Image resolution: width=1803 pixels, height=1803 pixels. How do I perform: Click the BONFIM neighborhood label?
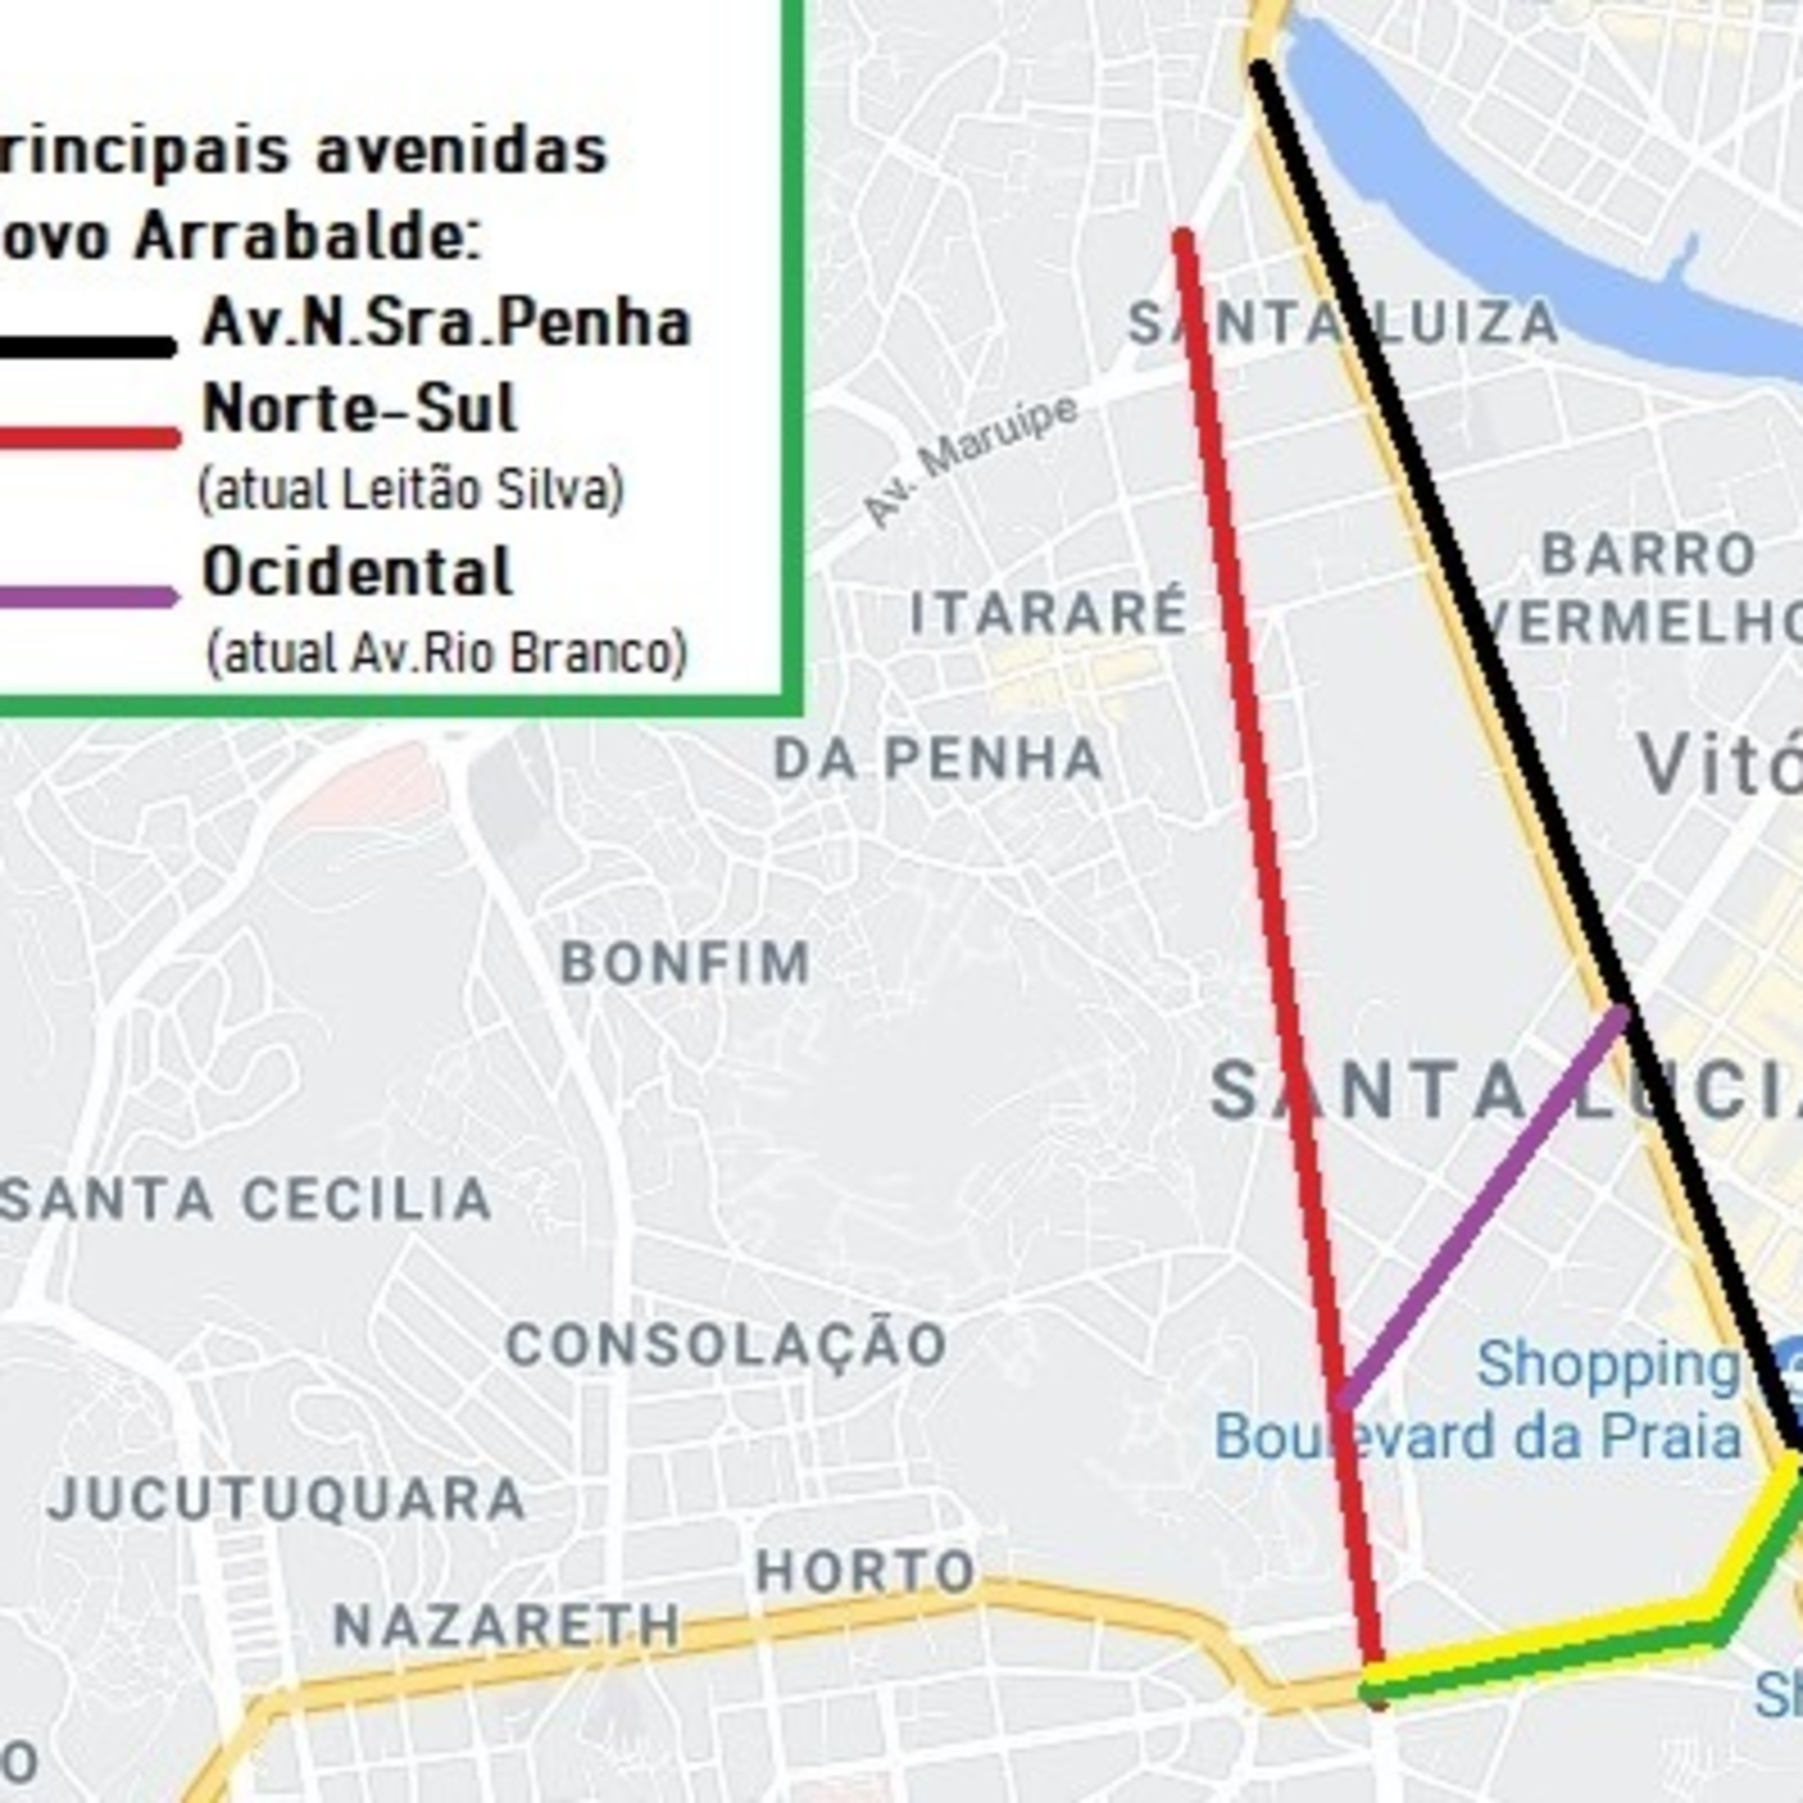tap(685, 962)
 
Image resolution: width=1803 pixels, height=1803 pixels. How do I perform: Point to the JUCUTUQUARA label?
tap(287, 1499)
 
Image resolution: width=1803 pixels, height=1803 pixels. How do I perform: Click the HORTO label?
tap(865, 1572)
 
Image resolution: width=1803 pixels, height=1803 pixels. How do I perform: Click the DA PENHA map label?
tap(939, 758)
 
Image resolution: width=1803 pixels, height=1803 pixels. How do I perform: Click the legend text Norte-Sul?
tap(359, 409)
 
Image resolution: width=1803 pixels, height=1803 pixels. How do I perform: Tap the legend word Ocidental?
tap(358, 571)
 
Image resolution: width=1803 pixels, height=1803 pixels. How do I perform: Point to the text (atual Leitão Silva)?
tap(410, 490)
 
